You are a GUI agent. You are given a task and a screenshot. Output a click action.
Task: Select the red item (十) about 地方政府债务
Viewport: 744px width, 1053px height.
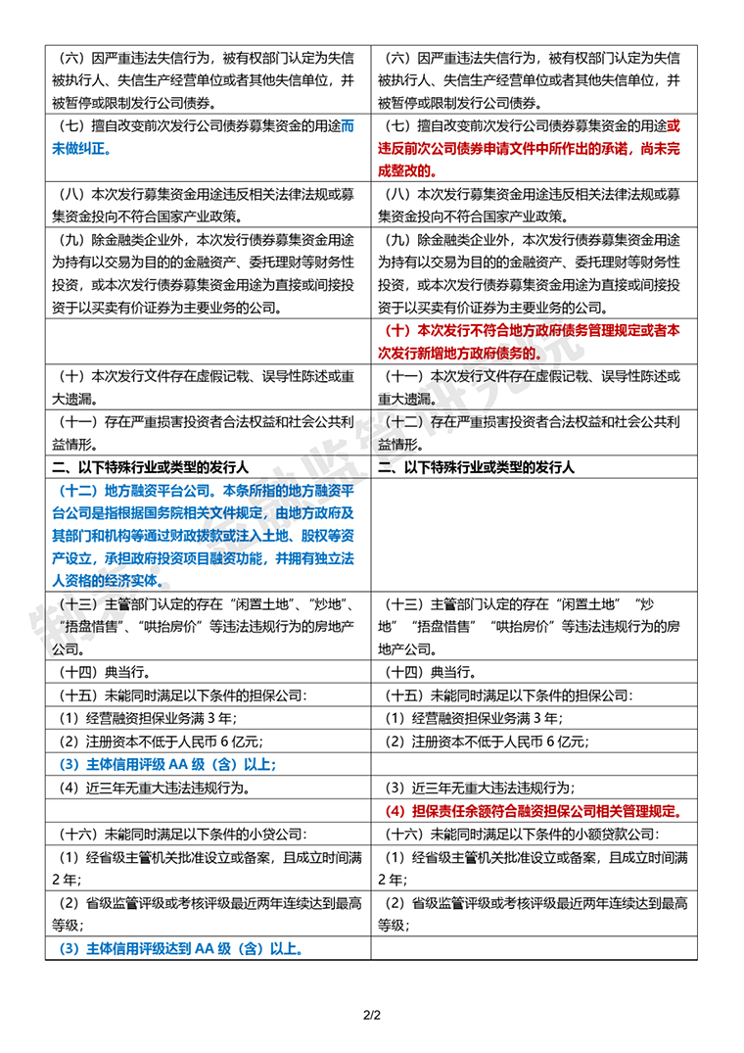pos(534,341)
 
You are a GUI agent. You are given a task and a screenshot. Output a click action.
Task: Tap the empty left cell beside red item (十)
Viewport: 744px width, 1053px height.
pos(208,341)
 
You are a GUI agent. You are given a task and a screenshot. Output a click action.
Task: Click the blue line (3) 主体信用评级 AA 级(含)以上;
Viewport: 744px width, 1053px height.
pos(168,764)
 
